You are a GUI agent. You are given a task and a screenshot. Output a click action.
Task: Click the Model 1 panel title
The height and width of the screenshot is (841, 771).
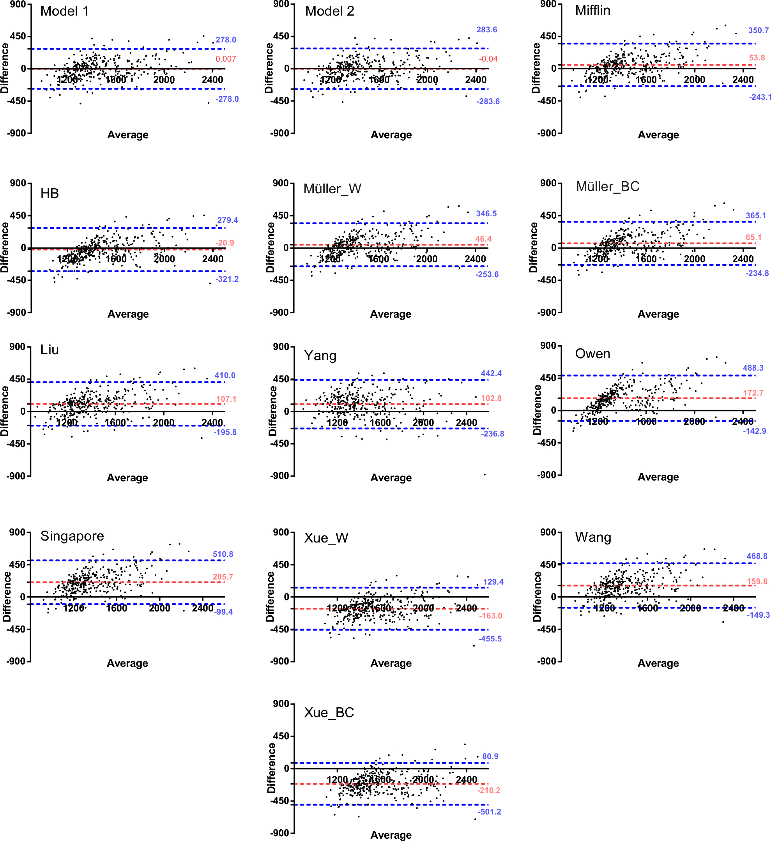click(65, 11)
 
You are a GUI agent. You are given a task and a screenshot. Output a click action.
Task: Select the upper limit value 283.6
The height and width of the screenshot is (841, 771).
click(486, 30)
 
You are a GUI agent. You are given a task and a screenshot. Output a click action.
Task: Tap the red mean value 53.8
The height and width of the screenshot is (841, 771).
click(757, 58)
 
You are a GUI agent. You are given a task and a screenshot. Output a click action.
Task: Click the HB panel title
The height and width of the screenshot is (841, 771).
click(49, 194)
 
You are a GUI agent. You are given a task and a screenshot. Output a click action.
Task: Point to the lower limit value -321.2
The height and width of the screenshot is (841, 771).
click(227, 279)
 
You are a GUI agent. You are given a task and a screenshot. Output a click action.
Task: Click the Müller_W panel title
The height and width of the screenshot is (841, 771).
click(332, 189)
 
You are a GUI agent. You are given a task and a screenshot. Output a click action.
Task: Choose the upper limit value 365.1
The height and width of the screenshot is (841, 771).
click(755, 216)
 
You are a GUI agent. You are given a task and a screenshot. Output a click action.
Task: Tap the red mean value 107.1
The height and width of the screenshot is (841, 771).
click(226, 399)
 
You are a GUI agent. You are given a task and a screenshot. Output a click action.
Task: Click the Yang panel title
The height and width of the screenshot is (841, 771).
click(320, 356)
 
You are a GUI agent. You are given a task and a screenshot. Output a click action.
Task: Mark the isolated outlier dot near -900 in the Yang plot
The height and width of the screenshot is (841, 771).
click(485, 475)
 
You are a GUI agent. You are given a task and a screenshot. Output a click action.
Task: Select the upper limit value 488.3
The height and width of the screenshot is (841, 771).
click(753, 368)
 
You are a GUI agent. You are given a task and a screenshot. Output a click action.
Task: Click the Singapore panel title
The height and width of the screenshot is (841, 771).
click(72, 536)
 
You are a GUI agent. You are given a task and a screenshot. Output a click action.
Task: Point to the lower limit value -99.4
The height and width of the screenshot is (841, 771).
click(224, 612)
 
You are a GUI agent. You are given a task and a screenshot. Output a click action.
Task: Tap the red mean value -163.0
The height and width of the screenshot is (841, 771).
click(490, 616)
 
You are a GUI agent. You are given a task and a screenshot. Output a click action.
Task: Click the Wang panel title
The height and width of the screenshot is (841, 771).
click(593, 537)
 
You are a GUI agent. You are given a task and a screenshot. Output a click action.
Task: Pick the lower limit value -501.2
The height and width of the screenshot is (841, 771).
click(490, 812)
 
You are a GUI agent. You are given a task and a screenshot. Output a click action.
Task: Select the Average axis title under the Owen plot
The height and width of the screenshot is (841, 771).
click(658, 477)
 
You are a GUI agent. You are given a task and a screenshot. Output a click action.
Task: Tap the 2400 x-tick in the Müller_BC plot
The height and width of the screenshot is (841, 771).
click(743, 259)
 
